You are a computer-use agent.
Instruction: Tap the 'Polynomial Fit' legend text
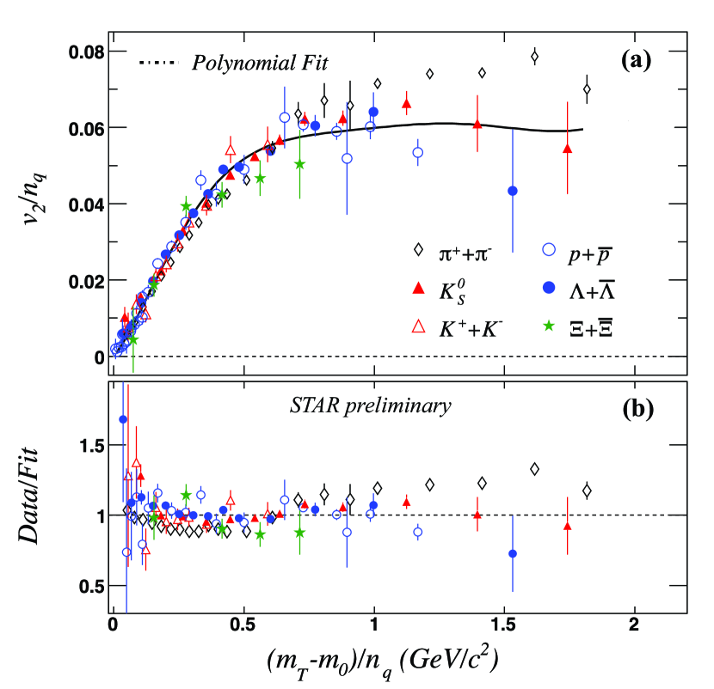pos(256,63)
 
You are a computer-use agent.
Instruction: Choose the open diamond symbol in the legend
pos(419,249)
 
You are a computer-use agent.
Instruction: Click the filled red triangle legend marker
pos(419,287)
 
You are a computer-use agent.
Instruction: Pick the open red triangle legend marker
pos(419,326)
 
